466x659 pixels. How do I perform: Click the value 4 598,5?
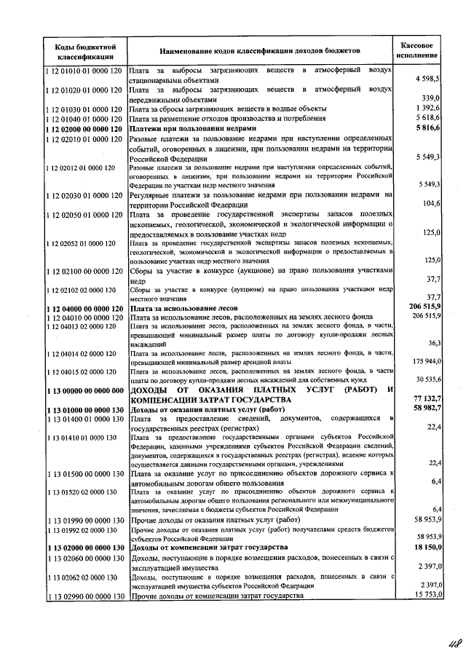pyautogui.click(x=426, y=78)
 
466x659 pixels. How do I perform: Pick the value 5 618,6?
pyautogui.click(x=426, y=117)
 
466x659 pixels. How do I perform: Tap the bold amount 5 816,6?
pyautogui.click(x=425, y=127)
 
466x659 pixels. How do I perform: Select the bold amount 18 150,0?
pyautogui.click(x=424, y=546)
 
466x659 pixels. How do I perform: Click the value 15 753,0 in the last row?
pyautogui.click(x=425, y=595)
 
